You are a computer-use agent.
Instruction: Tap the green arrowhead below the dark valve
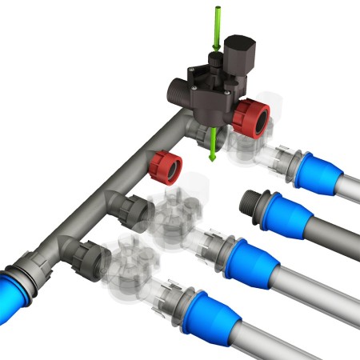(212, 154)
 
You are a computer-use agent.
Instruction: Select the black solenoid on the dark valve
(238, 54)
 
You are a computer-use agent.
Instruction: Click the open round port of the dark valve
(176, 87)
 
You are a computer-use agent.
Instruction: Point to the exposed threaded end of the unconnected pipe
(254, 202)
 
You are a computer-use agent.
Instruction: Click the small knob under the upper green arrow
(214, 58)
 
